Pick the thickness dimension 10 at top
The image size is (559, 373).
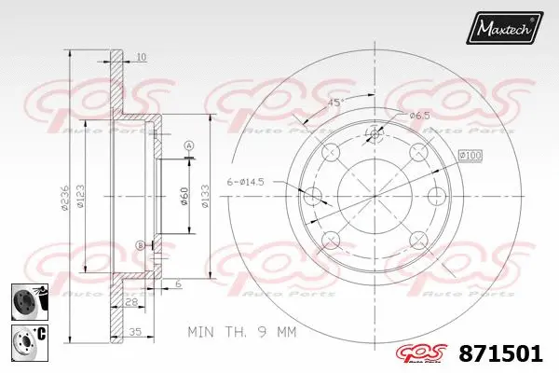[x=141, y=58]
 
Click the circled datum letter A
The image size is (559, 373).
[x=188, y=145]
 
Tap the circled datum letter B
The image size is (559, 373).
[x=141, y=245]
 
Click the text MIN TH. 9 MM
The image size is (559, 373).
[x=240, y=330]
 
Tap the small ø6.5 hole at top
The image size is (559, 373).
[x=375, y=134]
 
